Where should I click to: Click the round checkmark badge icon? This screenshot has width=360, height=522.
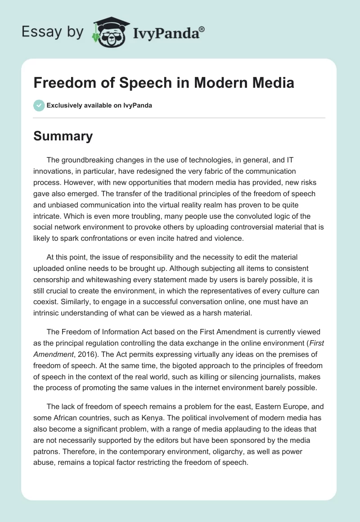coord(39,105)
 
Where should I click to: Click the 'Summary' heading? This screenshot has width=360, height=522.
coord(63,136)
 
